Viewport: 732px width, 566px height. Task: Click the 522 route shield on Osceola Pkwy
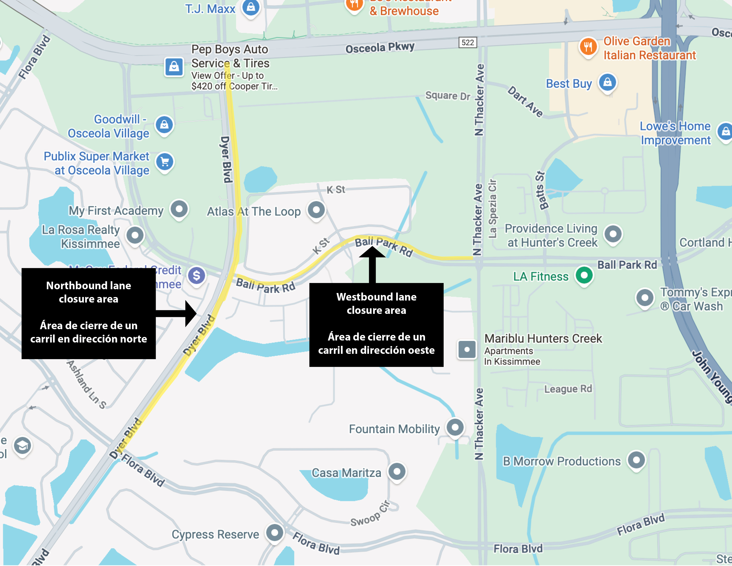[x=468, y=43]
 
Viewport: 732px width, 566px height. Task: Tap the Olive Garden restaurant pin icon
[x=588, y=47]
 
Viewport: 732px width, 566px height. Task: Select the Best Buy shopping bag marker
[x=607, y=82]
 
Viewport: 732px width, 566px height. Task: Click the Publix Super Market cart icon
[x=165, y=162]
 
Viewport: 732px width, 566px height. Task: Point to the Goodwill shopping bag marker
[x=164, y=125]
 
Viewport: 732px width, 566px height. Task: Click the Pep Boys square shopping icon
[x=174, y=67]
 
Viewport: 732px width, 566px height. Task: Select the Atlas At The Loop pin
[x=316, y=210]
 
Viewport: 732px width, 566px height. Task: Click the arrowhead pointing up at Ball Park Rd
[x=372, y=252]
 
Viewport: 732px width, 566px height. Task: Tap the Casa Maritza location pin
[x=397, y=471]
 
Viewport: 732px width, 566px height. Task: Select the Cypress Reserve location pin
[x=275, y=532]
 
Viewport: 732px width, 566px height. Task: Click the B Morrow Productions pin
[x=636, y=460]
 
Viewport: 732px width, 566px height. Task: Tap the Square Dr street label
[x=448, y=96]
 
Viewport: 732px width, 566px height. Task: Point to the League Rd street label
[x=568, y=389]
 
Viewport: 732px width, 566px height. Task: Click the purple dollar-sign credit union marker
[x=196, y=276]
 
